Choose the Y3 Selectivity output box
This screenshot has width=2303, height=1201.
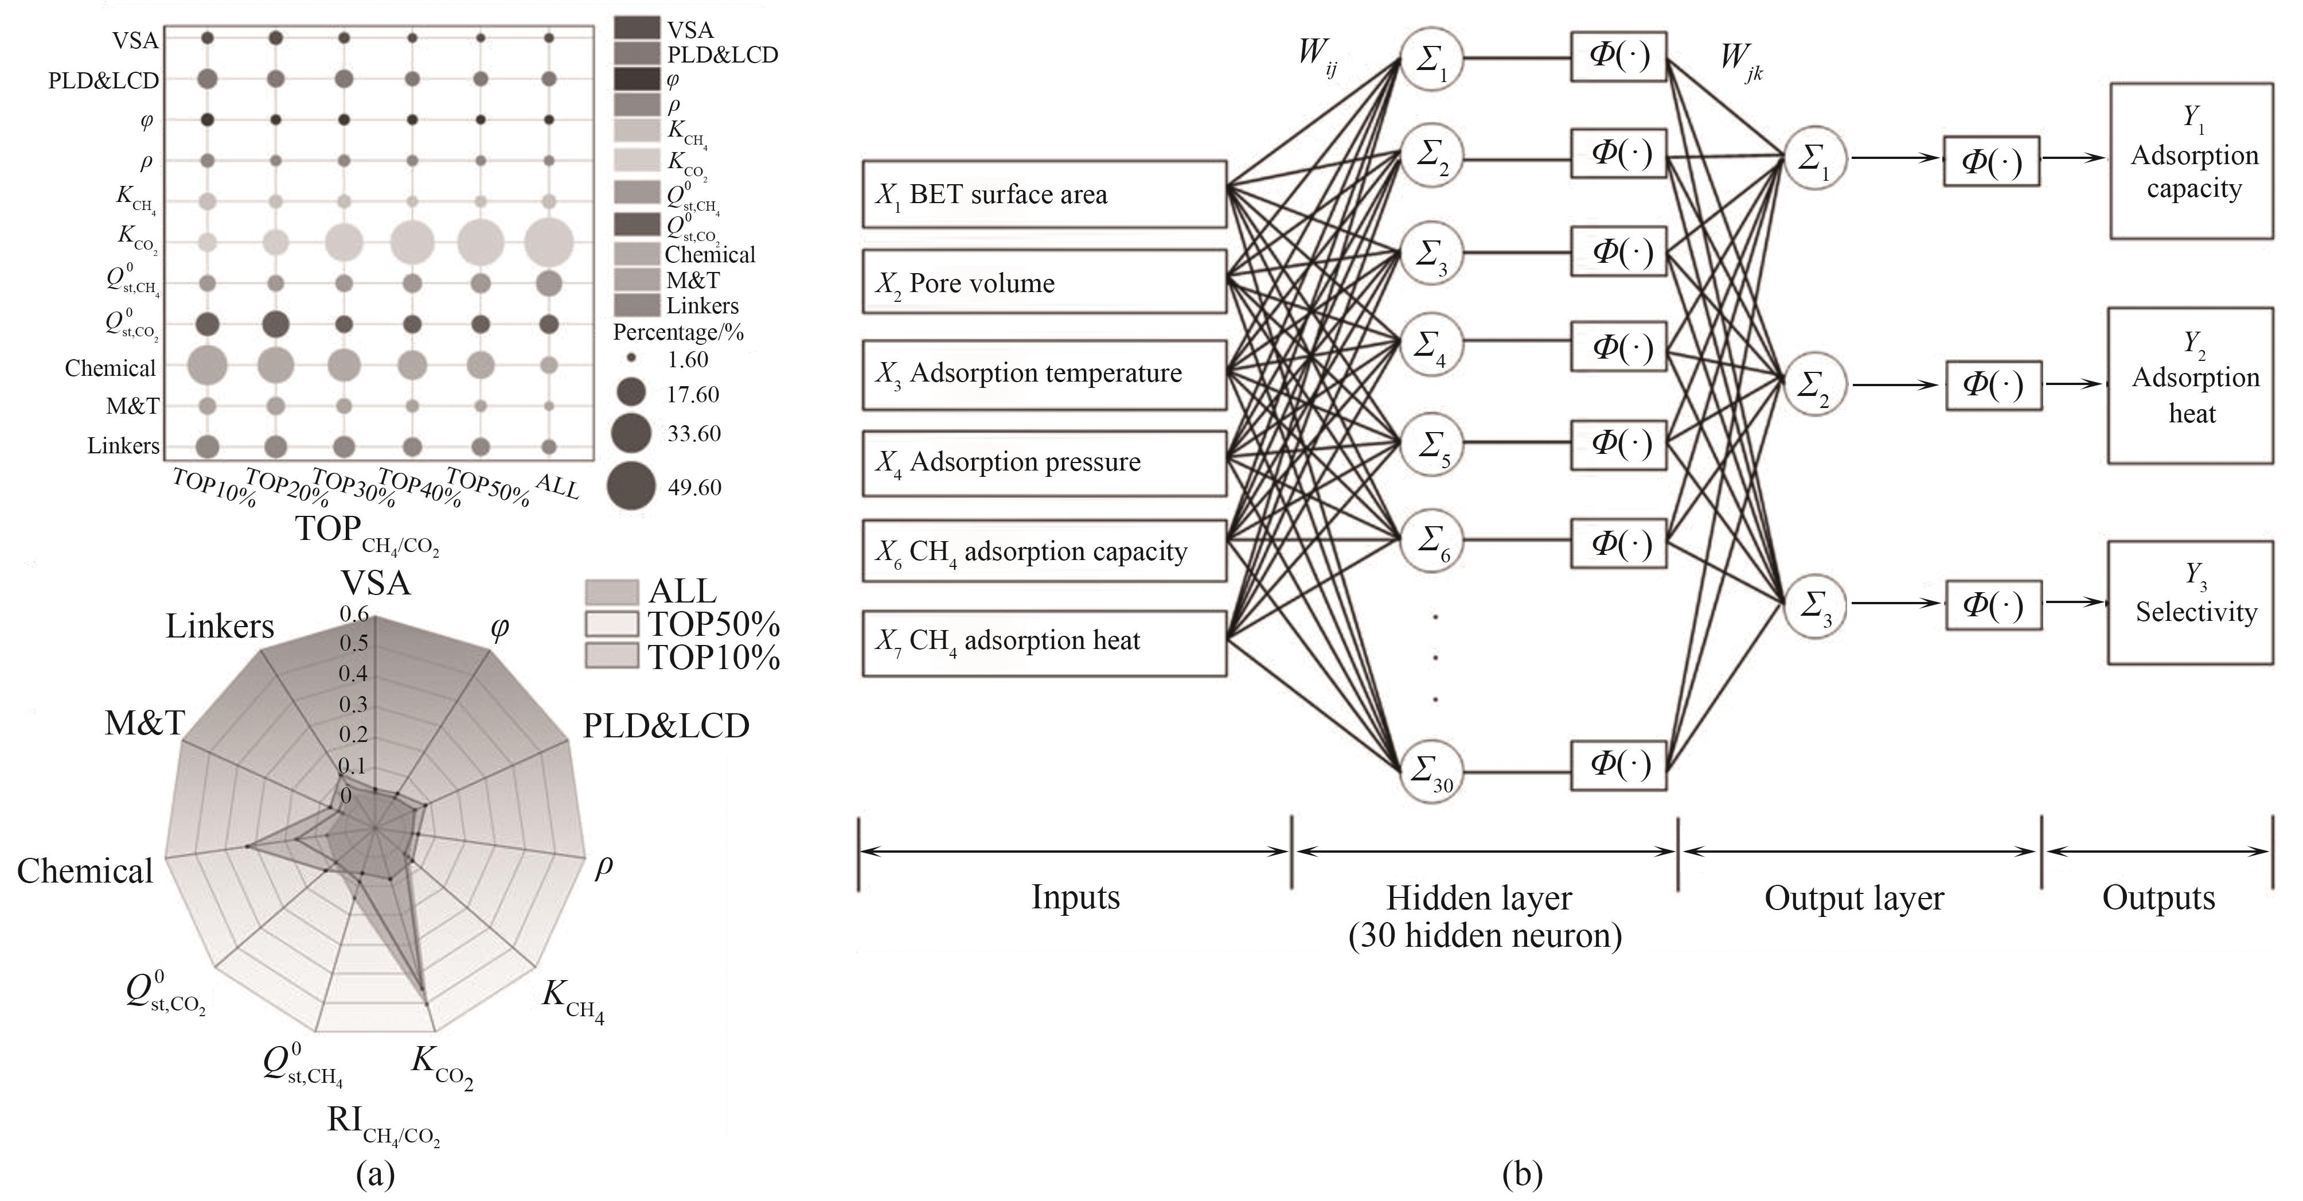pos(2191,602)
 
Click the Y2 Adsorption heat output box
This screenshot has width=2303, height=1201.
pos(2191,386)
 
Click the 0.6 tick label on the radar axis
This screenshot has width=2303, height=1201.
pos(353,613)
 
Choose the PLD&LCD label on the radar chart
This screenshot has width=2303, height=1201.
pos(666,726)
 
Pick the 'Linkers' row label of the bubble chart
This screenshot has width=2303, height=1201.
pos(123,445)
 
